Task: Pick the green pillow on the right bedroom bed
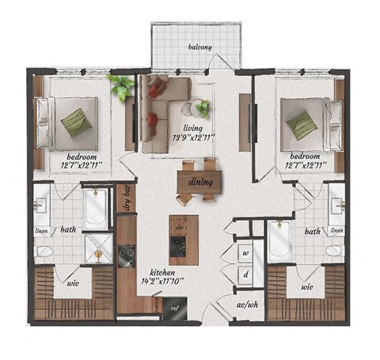(x=302, y=123)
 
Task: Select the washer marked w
(x=247, y=253)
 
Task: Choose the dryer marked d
(x=247, y=275)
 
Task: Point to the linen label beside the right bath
(x=336, y=230)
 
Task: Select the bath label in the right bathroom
(x=313, y=232)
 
